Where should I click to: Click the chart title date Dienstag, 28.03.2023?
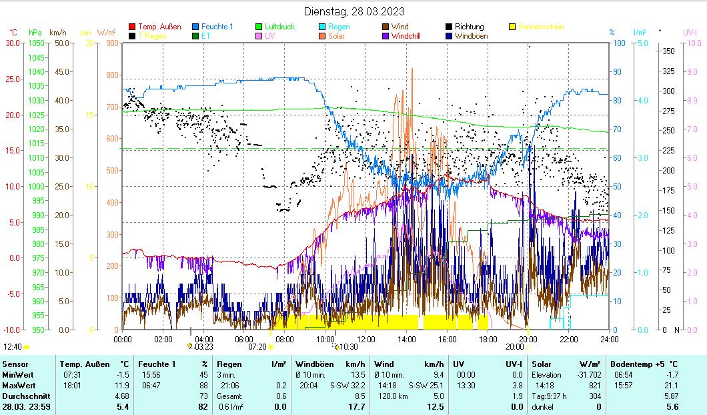[x=353, y=11]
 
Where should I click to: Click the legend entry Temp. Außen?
[x=159, y=27]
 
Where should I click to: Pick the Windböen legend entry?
[x=475, y=36]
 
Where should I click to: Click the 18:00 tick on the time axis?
[x=488, y=339]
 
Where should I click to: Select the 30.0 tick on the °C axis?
[x=13, y=43]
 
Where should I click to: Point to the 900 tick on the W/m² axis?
[x=111, y=43]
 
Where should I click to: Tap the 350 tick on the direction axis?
[x=668, y=51]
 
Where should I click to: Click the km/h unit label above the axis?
[x=58, y=32]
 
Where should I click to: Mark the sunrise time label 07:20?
[x=257, y=347]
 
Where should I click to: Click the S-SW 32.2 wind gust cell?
[x=347, y=385]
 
